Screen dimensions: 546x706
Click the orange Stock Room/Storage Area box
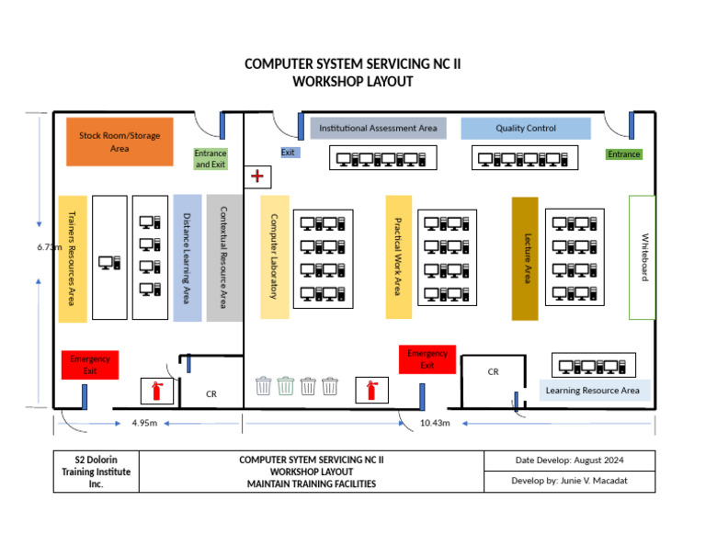120,142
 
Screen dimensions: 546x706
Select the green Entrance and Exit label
211,159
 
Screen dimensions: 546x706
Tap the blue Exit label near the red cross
289,153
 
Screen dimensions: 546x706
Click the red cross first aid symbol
257,176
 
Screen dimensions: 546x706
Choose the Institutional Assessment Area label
378,129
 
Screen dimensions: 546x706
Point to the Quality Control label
526,129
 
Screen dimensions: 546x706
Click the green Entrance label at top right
623,154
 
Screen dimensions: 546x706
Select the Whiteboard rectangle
643,257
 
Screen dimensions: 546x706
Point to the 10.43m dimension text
434,423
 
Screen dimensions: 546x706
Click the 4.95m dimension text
144,423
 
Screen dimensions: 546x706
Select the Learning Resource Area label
593,391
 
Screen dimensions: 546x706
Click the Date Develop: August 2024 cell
569,460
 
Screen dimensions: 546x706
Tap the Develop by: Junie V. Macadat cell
569,481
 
